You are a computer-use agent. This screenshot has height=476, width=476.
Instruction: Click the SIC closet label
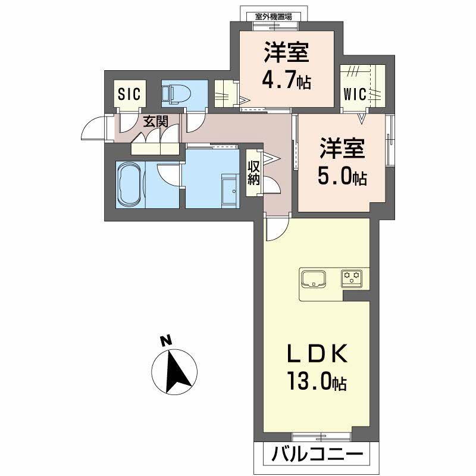click(x=129, y=93)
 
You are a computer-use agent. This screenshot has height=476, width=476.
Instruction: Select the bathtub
click(x=129, y=184)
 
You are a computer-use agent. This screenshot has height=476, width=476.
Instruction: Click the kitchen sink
click(x=313, y=278)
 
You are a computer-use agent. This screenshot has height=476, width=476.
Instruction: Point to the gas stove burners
click(x=352, y=277)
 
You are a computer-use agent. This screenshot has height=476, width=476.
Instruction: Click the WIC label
click(x=356, y=94)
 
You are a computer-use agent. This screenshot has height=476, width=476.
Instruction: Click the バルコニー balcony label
click(x=317, y=456)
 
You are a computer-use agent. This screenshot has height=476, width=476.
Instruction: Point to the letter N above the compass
click(x=166, y=341)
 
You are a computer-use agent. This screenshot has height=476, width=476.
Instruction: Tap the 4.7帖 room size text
click(x=287, y=80)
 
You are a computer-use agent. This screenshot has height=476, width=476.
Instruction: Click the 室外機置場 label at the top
click(x=273, y=17)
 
